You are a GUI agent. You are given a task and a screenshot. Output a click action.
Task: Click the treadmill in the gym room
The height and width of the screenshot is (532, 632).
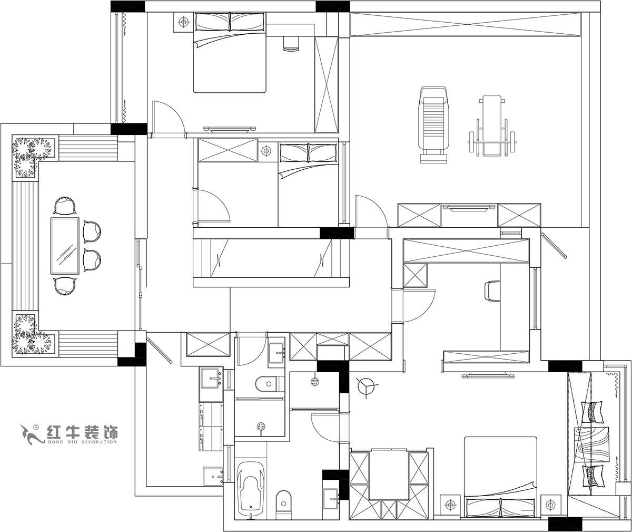433,124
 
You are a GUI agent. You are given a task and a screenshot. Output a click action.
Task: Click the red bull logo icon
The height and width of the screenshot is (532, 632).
30,433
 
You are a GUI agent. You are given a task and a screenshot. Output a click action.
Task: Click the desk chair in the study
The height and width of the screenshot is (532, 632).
491,291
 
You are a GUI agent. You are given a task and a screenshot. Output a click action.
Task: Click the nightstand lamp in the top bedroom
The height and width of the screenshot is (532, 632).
184,22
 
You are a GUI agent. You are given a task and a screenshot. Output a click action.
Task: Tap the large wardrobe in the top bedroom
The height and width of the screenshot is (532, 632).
327,84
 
